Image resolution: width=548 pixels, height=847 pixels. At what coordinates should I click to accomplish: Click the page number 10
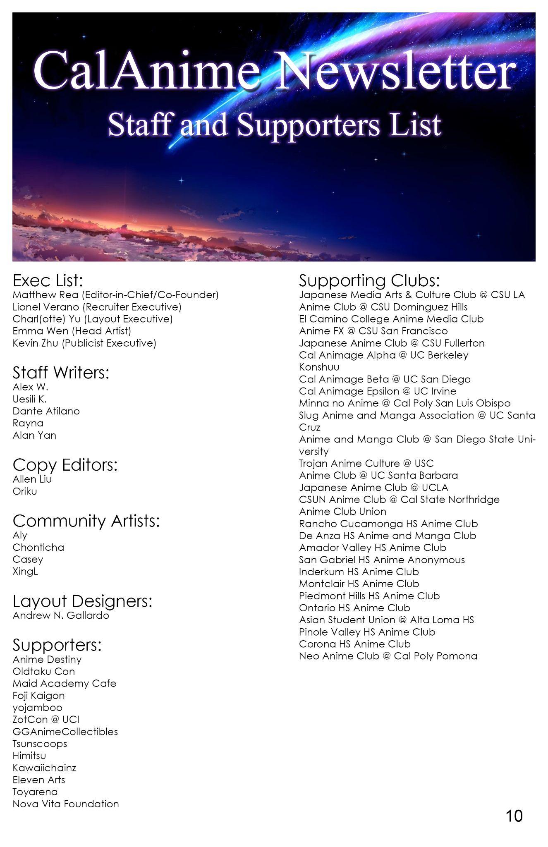(514, 816)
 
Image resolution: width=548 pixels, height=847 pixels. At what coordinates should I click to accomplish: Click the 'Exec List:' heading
(48, 280)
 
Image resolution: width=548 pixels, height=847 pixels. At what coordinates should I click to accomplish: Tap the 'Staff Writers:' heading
(61, 373)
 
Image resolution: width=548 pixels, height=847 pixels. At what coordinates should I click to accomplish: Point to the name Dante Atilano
(46, 411)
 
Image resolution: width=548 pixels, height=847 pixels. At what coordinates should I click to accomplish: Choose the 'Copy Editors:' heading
(65, 465)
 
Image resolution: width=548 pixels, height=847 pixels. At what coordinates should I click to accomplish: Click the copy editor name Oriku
(25, 491)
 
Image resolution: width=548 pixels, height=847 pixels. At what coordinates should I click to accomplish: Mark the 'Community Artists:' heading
(86, 521)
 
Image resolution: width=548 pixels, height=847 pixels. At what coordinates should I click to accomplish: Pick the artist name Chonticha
(38, 547)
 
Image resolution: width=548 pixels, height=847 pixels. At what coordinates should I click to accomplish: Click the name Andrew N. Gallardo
(61, 615)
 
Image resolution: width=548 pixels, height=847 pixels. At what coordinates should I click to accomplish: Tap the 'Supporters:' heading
(57, 645)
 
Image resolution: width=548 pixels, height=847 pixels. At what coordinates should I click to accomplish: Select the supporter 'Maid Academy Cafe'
(64, 683)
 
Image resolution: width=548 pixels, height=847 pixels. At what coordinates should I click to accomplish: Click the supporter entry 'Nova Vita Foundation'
(66, 804)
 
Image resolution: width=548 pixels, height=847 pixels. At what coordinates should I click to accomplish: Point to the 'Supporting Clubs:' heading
(369, 280)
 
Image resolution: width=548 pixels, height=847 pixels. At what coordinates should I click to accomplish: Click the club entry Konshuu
(319, 367)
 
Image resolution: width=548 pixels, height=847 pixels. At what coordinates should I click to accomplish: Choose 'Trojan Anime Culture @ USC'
(366, 463)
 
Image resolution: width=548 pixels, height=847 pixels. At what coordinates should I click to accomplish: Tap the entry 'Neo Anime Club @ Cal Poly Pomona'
(388, 656)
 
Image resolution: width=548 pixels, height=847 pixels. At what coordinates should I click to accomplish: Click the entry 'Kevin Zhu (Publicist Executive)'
(84, 343)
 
